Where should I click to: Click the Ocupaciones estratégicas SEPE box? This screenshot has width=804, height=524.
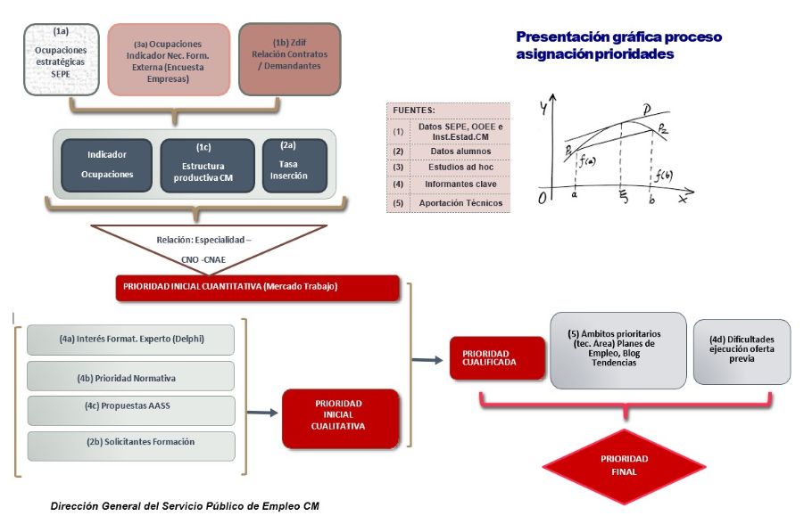(60, 59)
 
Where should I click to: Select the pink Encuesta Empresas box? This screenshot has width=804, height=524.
(168, 60)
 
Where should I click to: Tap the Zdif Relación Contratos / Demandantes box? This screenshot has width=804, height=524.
(290, 59)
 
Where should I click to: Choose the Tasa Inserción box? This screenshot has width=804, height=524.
(294, 166)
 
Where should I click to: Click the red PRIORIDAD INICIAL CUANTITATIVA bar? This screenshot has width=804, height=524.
(256, 288)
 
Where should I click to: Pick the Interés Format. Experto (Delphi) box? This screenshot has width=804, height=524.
(130, 340)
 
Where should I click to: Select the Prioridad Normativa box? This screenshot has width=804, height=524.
(130, 376)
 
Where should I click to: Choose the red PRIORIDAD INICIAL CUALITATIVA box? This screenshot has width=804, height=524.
(337, 416)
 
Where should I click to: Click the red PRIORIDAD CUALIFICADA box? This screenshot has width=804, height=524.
(497, 358)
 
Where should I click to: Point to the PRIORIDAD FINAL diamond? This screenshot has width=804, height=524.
(625, 465)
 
